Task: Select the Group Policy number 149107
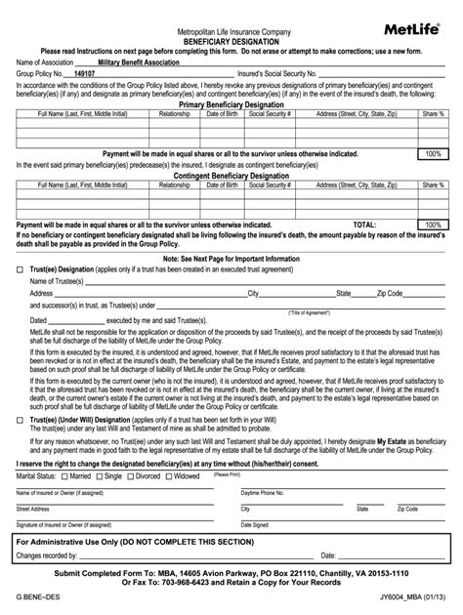coord(85,72)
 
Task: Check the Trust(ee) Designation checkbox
coord(21,267)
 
